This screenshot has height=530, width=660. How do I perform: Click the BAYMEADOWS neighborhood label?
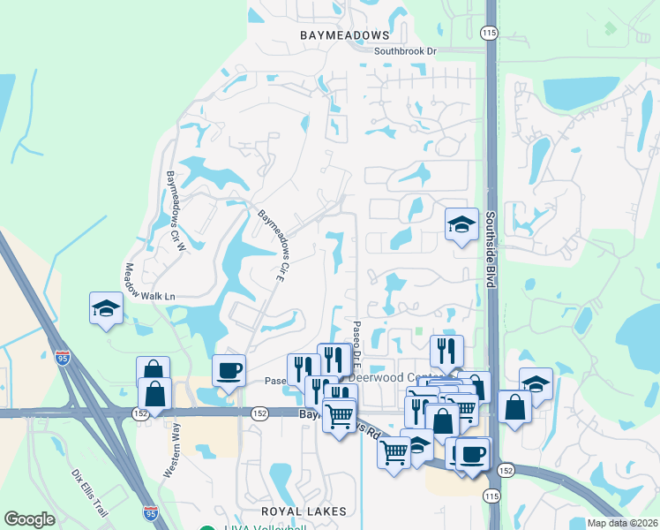tap(343, 34)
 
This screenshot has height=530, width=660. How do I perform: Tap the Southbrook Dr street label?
tap(405, 51)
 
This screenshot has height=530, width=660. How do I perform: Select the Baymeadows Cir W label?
tap(176, 204)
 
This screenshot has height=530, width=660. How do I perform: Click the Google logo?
tap(29, 519)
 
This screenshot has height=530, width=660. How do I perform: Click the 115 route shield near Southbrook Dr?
tap(488, 33)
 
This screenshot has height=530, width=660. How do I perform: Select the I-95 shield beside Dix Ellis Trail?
tap(151, 511)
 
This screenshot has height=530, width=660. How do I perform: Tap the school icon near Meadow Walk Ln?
tap(106, 309)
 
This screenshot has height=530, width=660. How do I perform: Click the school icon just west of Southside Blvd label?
tap(461, 225)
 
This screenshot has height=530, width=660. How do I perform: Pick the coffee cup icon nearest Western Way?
tap(229, 370)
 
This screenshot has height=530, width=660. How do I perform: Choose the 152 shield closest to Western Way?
tap(139, 413)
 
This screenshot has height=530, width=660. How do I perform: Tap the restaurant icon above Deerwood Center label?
tap(446, 351)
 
